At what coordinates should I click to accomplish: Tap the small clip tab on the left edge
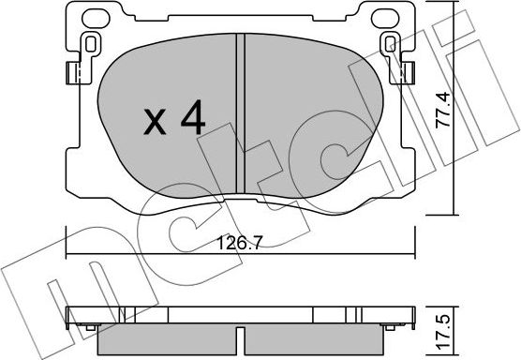(70, 73)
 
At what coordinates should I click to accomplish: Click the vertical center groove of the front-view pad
(242, 112)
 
